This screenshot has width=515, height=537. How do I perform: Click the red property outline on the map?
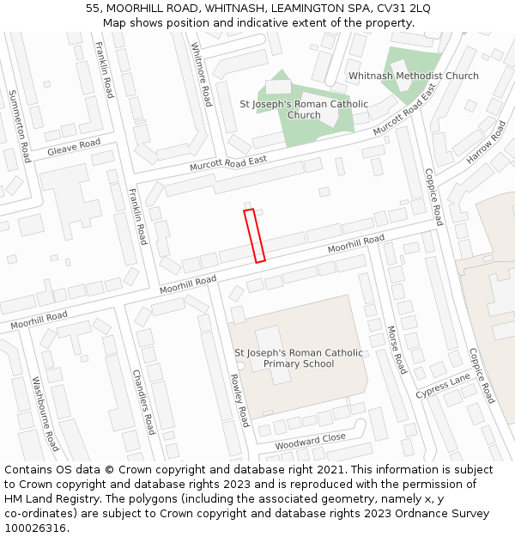coord(254,235)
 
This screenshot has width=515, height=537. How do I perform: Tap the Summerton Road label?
coord(19,125)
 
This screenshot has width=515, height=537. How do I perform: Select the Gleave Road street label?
coord(74,148)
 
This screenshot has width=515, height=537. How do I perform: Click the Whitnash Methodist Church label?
coord(414,76)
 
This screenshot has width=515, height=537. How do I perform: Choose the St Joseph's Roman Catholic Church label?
coord(304,110)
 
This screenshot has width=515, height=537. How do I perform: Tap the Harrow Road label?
coord(487,143)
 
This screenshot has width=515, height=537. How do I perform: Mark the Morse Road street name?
coord(396,349)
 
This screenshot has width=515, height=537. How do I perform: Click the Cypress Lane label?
coord(443,386)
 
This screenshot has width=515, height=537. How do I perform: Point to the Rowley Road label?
coord(239,400)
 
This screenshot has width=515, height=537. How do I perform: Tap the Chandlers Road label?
coord(142,402)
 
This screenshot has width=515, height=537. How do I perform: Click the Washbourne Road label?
coord(45,414)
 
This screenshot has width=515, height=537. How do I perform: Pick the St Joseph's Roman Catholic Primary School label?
coord(299,358)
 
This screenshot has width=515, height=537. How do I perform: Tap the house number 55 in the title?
coord(93,8)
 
